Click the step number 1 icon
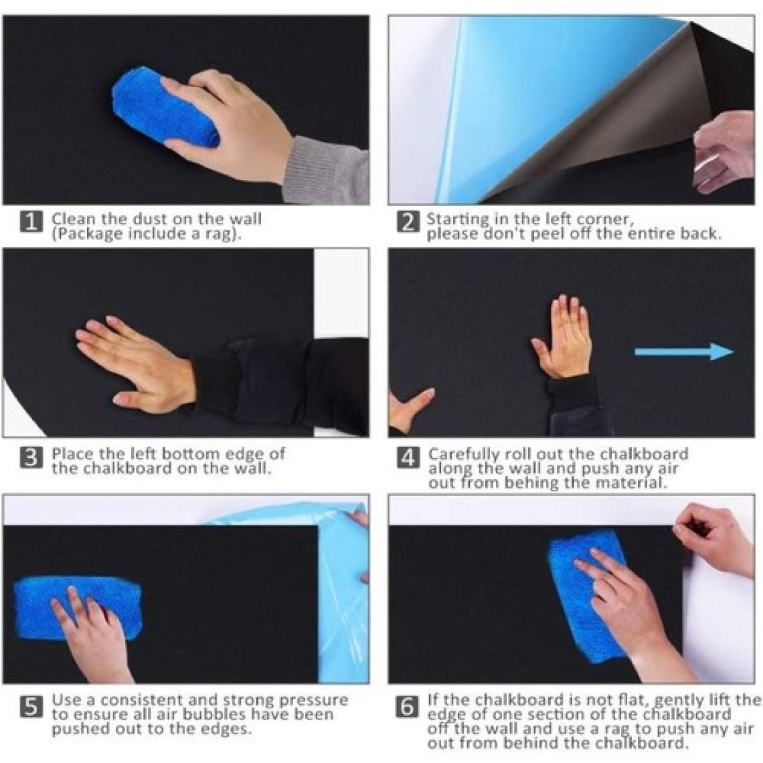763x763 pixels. (x=31, y=222)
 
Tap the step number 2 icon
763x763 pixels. (x=408, y=222)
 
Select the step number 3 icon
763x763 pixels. (x=31, y=458)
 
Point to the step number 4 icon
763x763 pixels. (x=408, y=458)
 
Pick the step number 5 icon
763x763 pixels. (x=31, y=707)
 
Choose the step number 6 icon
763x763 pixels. (x=408, y=707)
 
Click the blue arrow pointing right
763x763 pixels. (x=684, y=351)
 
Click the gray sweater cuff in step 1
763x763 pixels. (x=325, y=170)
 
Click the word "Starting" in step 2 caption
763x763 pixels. (x=458, y=220)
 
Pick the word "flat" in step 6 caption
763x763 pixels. (x=632, y=699)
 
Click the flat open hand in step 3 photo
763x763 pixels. (x=134, y=363)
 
